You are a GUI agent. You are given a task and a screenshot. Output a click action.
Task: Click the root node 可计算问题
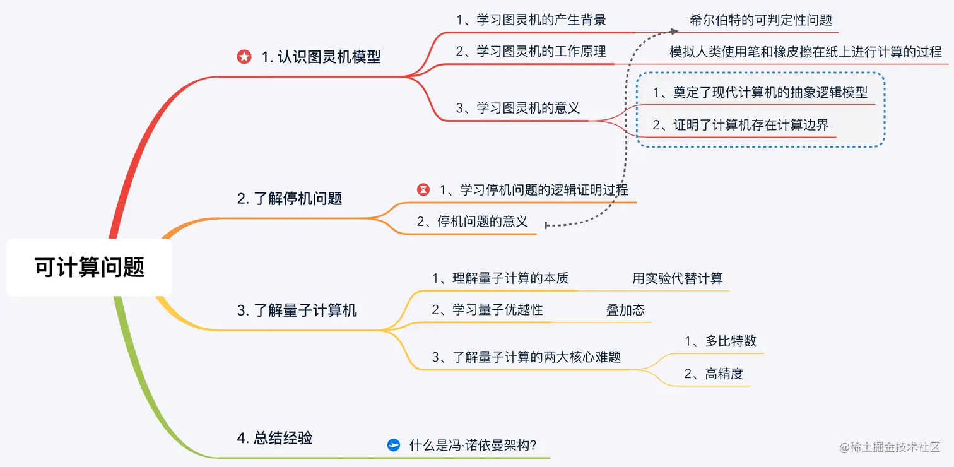(89, 268)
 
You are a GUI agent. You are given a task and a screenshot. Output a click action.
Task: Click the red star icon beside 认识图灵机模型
(244, 57)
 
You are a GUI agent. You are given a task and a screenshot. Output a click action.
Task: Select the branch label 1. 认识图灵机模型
(321, 57)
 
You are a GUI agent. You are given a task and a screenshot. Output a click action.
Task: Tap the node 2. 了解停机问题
(290, 198)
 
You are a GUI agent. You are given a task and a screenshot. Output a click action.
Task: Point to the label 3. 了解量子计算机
(297, 310)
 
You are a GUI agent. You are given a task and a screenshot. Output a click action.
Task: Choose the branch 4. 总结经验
(274, 437)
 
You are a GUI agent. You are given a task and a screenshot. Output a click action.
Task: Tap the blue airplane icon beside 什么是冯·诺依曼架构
(394, 445)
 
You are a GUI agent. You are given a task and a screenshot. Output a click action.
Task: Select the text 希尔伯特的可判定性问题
(761, 20)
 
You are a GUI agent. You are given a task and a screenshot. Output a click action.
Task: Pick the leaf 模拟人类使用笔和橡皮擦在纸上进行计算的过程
(805, 52)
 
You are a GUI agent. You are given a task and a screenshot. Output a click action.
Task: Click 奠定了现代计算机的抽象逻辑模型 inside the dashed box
(760, 93)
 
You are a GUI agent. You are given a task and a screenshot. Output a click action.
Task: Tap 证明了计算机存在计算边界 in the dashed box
(741, 125)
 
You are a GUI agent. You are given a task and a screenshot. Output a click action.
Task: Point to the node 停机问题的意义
(473, 222)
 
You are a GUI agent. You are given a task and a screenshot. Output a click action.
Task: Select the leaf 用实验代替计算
(678, 278)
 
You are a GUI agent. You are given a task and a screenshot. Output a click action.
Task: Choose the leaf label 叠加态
(625, 310)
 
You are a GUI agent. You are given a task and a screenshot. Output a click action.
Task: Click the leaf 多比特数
(721, 341)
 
